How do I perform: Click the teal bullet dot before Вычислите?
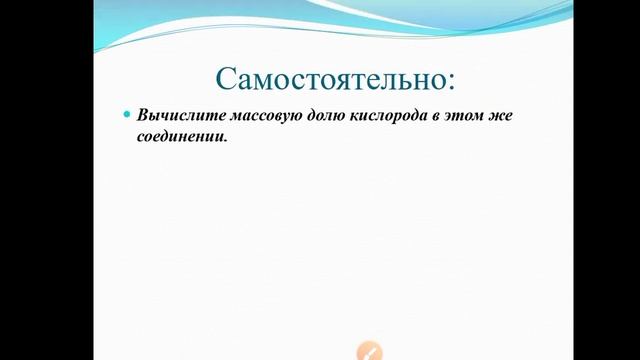point(127,115)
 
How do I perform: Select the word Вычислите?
point(173,116)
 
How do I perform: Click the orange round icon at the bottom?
point(369,351)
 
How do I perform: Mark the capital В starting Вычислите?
point(143,116)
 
